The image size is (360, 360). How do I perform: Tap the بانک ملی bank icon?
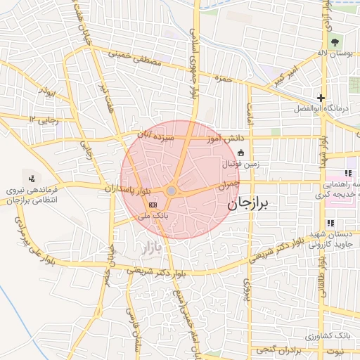click(x=153, y=205)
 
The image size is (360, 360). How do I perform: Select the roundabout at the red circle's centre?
click(x=172, y=191)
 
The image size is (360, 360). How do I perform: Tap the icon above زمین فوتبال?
click(x=241, y=153)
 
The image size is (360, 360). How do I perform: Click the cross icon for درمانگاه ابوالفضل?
click(x=321, y=98)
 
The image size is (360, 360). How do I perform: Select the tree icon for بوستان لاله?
click(x=334, y=43)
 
